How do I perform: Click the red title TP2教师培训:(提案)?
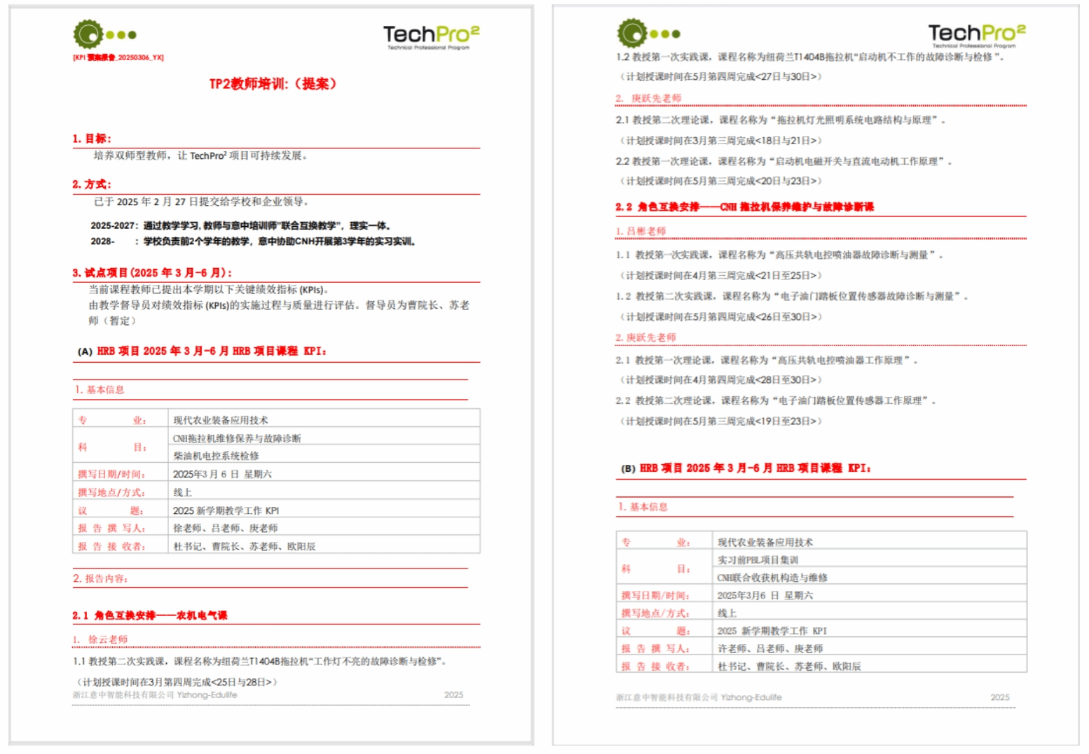tap(273, 84)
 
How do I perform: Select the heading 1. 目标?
tap(91, 139)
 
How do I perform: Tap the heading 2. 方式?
tap(91, 184)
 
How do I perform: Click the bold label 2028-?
tap(102, 242)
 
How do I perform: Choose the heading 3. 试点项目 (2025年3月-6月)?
tap(151, 273)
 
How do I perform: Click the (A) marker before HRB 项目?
tap(85, 351)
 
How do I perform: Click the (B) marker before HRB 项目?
tap(628, 468)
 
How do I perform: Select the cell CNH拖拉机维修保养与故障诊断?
tap(237, 438)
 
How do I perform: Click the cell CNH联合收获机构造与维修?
tap(772, 578)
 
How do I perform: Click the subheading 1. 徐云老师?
tap(100, 639)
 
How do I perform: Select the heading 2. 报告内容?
tap(100, 578)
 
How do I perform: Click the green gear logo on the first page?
tap(88, 34)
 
